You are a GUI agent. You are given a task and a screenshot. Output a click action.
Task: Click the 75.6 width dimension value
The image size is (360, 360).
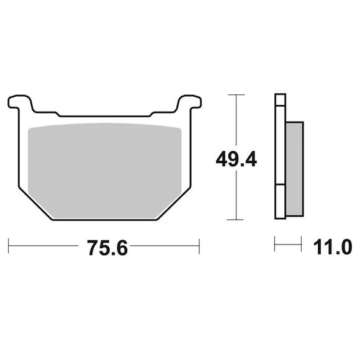pyautogui.click(x=107, y=248)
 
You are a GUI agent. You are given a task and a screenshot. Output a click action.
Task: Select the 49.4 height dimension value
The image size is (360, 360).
pyautogui.click(x=236, y=159)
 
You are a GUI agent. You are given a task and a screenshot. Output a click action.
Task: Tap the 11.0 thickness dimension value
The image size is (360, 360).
pyautogui.click(x=333, y=247)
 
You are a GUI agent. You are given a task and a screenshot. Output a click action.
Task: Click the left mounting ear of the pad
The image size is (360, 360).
pyautogui.click(x=20, y=102)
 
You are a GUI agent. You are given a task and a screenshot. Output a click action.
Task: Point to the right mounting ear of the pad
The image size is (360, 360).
pyautogui.click(x=190, y=102)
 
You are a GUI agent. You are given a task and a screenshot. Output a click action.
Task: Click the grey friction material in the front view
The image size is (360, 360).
pyautogui.click(x=104, y=171)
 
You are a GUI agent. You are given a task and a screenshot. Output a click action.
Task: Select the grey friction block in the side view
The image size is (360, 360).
pyautogui.click(x=295, y=169)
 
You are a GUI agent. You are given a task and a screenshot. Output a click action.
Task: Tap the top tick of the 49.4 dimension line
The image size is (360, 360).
pyautogui.click(x=236, y=94)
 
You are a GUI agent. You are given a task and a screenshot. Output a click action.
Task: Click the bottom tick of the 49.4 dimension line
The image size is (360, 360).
pyautogui.click(x=235, y=220)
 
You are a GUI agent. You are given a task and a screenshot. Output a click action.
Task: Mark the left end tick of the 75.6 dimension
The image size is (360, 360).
pyautogui.click(x=9, y=246)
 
